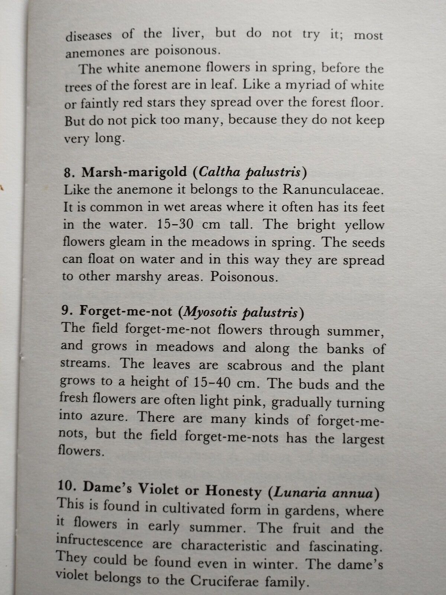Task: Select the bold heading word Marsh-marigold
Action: pos(135,172)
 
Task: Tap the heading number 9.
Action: pos(65,311)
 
